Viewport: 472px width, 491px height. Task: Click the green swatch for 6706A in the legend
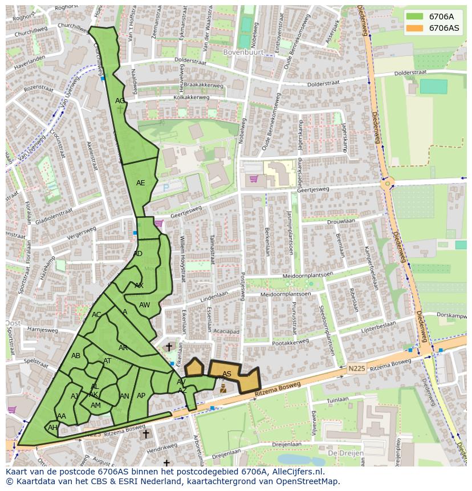tap(414, 17)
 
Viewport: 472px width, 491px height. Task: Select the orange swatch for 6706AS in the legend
tap(414, 28)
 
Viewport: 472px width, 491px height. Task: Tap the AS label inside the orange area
tap(227, 374)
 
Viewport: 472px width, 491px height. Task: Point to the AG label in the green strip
tap(120, 101)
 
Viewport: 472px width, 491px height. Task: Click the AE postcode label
tap(140, 183)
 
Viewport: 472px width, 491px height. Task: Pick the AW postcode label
tap(144, 305)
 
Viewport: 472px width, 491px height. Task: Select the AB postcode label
tap(76, 356)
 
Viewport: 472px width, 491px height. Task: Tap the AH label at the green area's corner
tap(52, 428)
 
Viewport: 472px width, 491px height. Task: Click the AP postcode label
tap(141, 396)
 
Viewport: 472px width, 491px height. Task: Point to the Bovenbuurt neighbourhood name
tap(244, 52)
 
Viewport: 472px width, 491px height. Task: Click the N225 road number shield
tap(356, 370)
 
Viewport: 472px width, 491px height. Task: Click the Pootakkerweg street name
tap(291, 343)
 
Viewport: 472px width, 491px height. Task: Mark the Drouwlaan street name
tap(341, 221)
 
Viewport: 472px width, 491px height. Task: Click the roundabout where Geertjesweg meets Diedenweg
tap(388, 184)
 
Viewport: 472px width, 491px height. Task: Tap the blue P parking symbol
tap(166, 187)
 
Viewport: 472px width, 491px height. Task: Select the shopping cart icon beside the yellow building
tap(254, 179)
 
